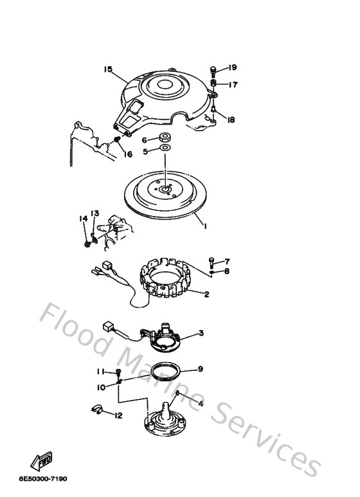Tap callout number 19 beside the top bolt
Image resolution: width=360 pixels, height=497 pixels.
point(232,68)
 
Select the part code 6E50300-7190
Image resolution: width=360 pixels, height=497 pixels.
point(43,479)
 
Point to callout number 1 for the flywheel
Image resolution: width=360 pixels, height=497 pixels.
point(205,226)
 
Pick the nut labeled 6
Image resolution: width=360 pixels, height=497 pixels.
point(165,138)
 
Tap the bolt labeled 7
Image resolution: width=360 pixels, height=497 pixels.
point(212,261)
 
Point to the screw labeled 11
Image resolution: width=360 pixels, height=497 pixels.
point(119,372)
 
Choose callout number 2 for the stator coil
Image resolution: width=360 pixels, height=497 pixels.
point(207,295)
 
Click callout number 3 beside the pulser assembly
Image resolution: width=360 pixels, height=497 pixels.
point(201,333)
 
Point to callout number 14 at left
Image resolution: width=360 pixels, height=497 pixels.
point(83,219)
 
